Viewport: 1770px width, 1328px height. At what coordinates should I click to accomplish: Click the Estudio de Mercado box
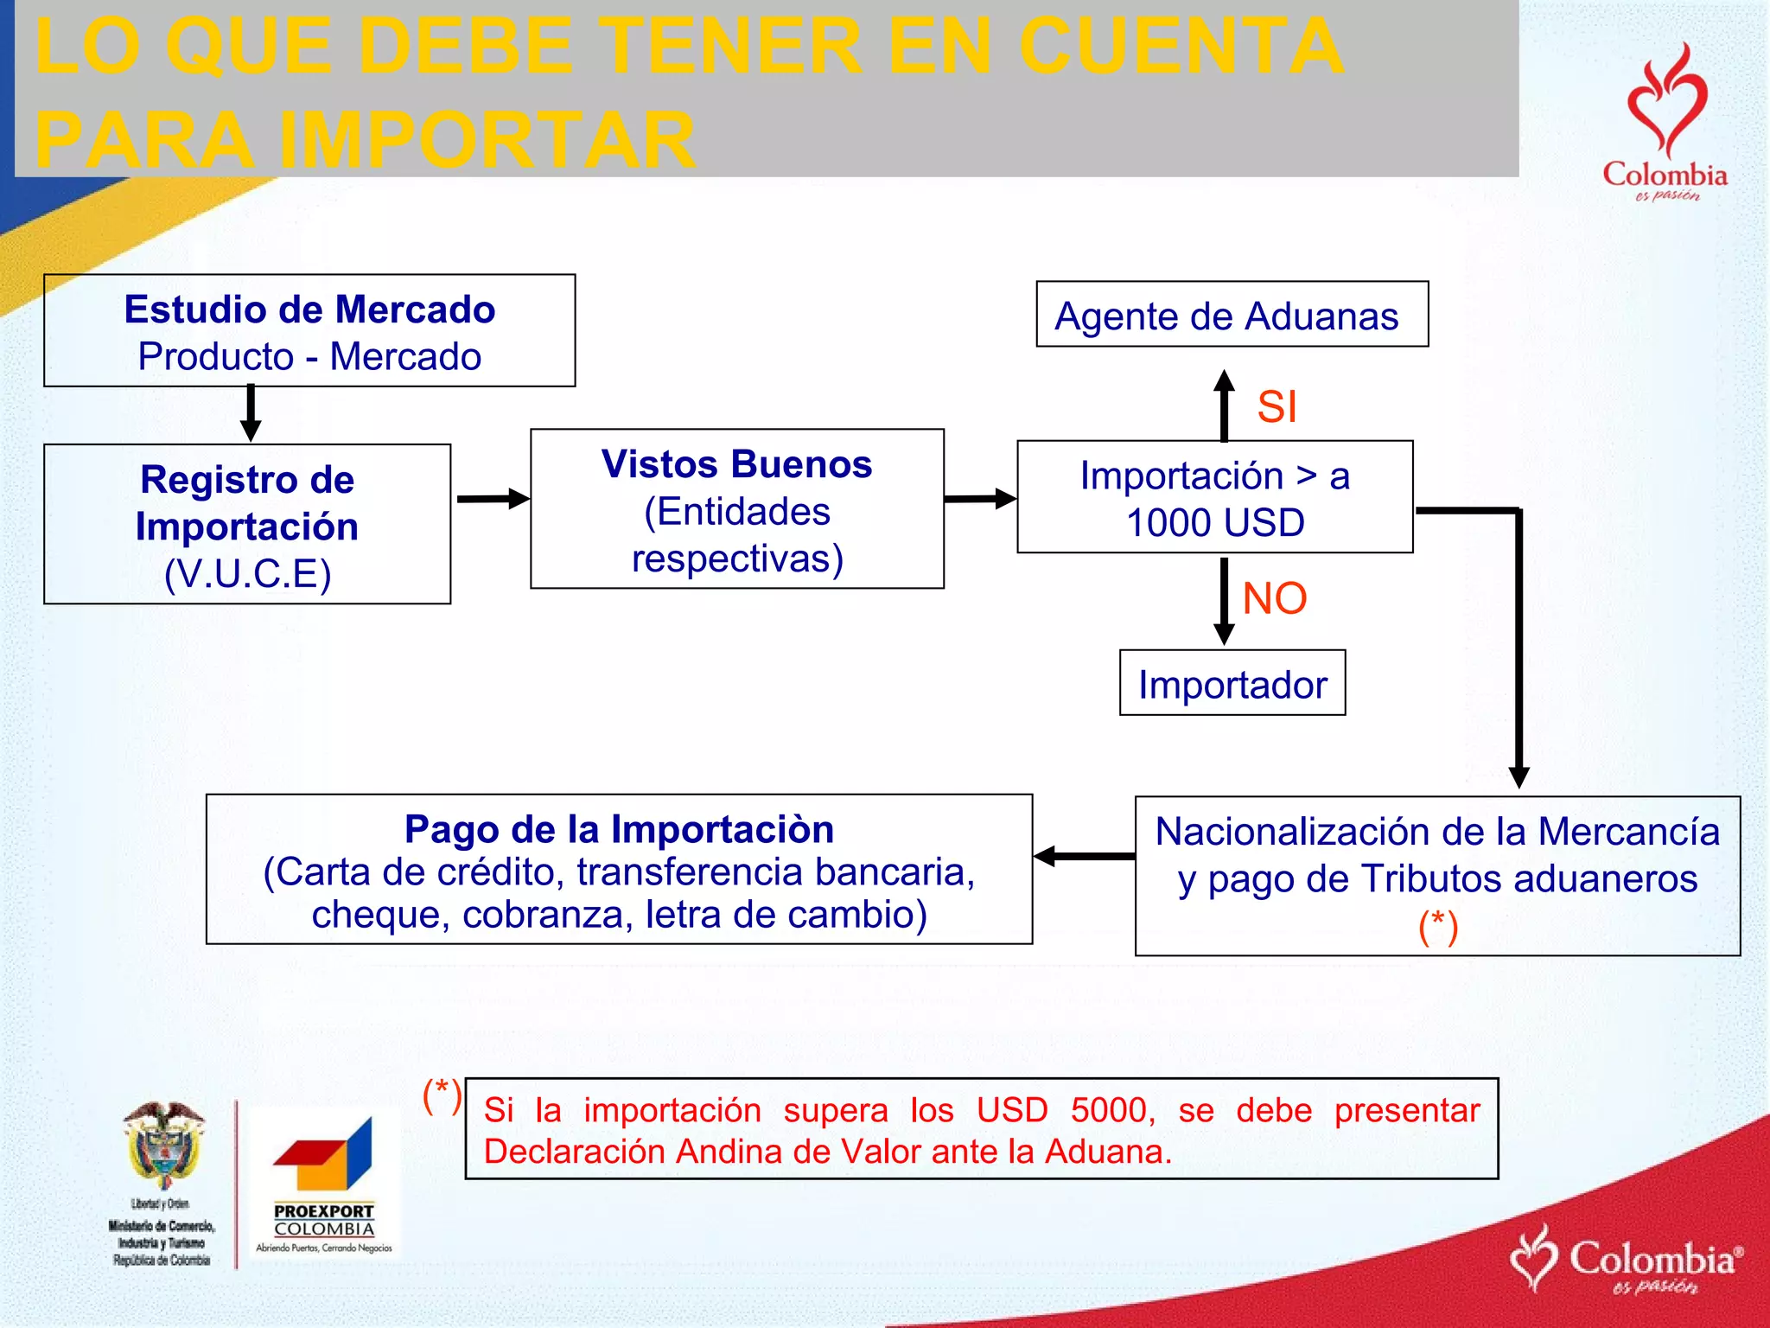pos(309,331)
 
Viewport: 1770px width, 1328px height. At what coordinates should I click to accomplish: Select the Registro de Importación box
pos(247,524)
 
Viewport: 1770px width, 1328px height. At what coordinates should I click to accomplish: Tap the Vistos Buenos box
pos(736,509)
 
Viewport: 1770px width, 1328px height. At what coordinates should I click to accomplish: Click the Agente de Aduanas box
pos(1232,315)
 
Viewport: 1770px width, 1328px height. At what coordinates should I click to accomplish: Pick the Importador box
pos(1232,683)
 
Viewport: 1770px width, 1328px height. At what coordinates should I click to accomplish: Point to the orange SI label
pos(1277,406)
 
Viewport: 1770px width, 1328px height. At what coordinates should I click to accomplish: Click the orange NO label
pos(1274,598)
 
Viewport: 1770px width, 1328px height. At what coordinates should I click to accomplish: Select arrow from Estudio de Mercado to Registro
pos(251,413)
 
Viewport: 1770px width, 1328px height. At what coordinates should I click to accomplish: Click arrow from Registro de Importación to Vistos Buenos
pos(492,499)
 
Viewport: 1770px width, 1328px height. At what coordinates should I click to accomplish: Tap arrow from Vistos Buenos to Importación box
pos(980,499)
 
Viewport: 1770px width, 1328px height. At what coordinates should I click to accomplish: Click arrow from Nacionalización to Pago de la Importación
pos(1084,856)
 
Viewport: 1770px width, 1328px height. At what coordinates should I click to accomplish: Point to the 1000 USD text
pos(1215,523)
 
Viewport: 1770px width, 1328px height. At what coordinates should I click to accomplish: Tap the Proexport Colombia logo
pos(324,1184)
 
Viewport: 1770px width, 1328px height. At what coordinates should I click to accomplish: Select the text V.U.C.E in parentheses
pos(248,574)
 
